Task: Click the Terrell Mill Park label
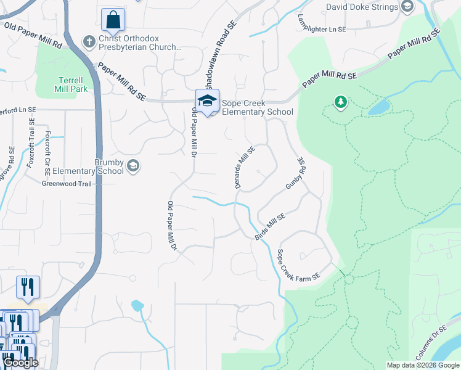click(73, 84)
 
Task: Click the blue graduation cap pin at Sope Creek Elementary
click(208, 102)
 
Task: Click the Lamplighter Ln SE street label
click(322, 24)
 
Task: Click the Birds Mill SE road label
click(270, 227)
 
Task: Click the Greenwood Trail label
click(67, 184)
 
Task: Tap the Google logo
click(20, 363)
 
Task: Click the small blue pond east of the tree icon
click(379, 108)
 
